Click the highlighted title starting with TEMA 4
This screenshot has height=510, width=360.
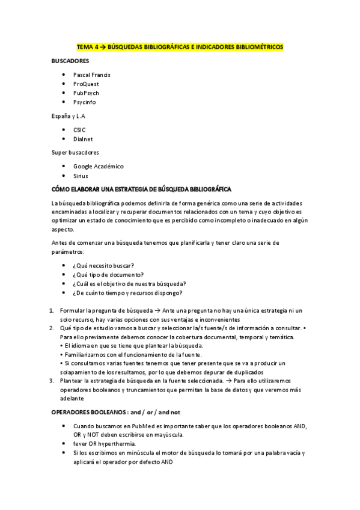(180, 47)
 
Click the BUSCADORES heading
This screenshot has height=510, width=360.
(70, 61)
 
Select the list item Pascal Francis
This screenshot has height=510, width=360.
(91, 75)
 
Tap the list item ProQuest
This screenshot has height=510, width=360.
(86, 84)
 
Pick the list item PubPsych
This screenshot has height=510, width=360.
(86, 93)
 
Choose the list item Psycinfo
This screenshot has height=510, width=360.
(84, 102)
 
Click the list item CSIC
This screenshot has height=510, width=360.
(79, 129)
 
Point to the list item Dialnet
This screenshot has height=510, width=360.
(83, 139)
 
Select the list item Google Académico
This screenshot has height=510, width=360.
(98, 166)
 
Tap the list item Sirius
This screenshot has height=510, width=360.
(81, 176)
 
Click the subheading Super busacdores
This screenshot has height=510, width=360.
(75, 152)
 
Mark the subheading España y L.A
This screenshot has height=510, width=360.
(68, 115)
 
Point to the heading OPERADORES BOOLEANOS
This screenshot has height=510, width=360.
(116, 413)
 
